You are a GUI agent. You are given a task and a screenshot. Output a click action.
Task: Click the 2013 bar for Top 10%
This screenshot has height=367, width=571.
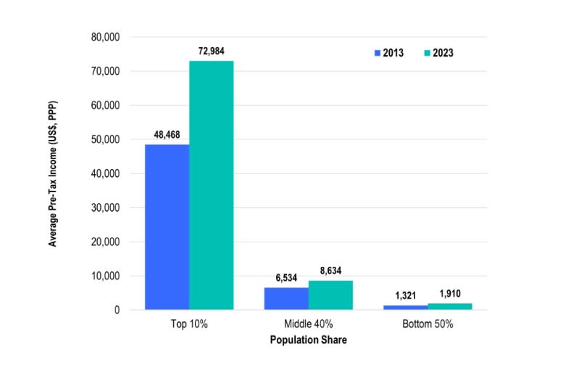pos(167,227)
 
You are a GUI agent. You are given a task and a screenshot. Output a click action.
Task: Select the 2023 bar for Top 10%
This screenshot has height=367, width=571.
pos(211,185)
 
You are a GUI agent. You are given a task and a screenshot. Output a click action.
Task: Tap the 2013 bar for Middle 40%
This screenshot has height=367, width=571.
pos(286,299)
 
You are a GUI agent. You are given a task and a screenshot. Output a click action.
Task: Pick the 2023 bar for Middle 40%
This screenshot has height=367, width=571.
pos(330,295)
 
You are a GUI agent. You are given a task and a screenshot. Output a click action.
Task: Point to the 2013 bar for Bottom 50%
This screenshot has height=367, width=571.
pos(406,308)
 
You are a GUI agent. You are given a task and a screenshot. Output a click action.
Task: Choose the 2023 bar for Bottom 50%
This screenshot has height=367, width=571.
pos(450,307)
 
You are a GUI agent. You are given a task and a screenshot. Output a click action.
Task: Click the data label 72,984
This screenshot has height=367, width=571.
pos(211,51)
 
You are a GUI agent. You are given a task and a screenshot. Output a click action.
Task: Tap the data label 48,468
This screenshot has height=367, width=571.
pos(167,134)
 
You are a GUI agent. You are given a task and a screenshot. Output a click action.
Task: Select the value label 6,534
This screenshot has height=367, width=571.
pos(286,278)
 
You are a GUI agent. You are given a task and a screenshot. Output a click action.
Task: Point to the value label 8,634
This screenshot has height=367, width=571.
pos(330,271)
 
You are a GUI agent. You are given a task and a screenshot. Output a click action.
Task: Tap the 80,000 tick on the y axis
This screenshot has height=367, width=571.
pos(106,37)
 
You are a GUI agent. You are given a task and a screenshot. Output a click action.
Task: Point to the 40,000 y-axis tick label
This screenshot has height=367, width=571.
pos(106,173)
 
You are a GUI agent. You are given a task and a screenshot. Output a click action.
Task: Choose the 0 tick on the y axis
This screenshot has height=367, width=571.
pos(116,310)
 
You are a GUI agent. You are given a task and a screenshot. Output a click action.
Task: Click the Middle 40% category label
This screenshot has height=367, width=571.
pos(308,324)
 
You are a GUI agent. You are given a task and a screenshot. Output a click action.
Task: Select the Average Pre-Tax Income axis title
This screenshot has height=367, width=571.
pos(53,173)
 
